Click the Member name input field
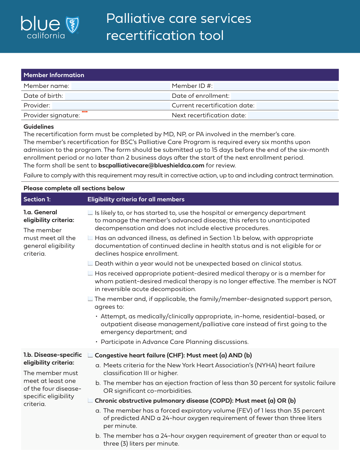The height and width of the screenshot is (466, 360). (121, 86)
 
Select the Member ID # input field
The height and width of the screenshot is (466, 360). (275, 86)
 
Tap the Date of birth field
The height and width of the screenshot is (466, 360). (117, 96)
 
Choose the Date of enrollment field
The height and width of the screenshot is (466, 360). (284, 96)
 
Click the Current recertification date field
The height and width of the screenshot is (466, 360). (297, 106)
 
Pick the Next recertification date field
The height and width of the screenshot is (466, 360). (292, 116)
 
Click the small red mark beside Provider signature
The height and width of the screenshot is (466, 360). (85, 112)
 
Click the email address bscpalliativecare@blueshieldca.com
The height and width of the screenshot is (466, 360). (151, 165)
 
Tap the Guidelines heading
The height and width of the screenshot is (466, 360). (39, 127)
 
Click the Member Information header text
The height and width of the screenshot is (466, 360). (54, 75)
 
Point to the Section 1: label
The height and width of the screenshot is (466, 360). (37, 199)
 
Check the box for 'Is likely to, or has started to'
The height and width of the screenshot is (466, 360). (90, 213)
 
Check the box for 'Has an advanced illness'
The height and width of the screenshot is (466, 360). (90, 238)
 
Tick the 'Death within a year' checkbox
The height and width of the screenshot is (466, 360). (90, 263)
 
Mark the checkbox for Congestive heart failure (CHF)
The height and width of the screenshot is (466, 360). (90, 355)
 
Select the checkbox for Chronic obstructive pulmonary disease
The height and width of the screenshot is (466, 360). (90, 401)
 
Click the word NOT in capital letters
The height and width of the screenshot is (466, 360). (329, 281)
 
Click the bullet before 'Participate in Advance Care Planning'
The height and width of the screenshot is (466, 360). (97, 342)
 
